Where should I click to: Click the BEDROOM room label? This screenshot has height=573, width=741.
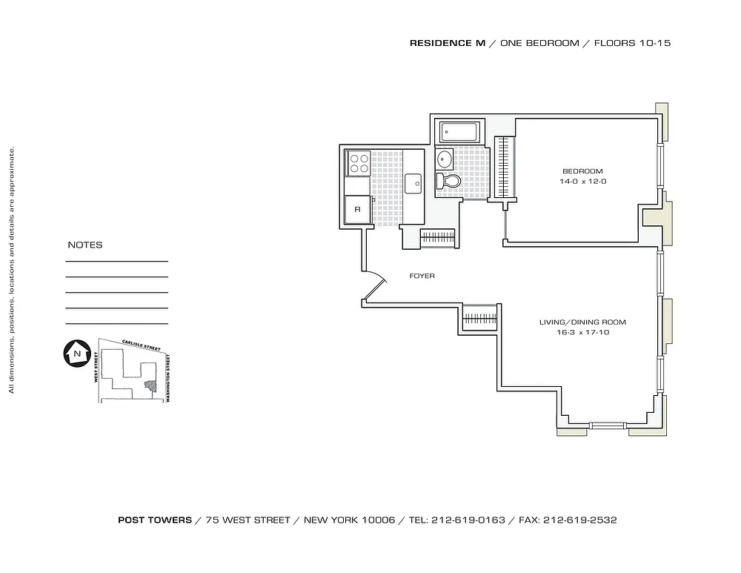(582, 171)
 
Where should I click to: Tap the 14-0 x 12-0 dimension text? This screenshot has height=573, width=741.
(582, 182)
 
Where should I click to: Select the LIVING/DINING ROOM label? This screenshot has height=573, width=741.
(582, 322)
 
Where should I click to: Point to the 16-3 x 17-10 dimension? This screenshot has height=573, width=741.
(582, 332)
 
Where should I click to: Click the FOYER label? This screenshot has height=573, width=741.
(422, 276)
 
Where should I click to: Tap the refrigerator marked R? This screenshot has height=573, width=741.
(357, 210)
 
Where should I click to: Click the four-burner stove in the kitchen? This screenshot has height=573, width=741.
(358, 163)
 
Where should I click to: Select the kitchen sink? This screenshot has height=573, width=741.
(413, 183)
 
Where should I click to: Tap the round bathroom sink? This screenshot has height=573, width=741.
(444, 159)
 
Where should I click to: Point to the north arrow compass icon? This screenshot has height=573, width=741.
(77, 353)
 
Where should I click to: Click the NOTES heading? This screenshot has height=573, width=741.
(85, 245)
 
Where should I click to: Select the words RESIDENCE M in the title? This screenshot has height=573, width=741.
(448, 43)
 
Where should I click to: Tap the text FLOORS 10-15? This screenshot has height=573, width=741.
(632, 43)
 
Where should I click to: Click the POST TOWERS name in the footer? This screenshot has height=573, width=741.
(155, 520)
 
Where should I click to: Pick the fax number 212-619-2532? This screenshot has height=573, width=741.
(580, 520)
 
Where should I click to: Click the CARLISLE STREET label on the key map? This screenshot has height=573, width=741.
(141, 345)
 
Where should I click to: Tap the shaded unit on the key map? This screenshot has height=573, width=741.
(150, 386)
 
